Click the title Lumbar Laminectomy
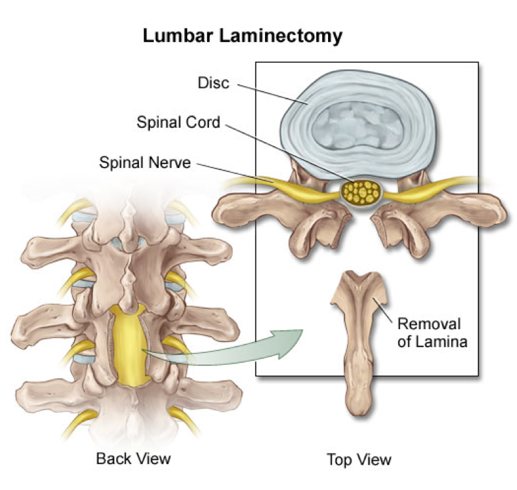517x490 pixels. pos(242,36)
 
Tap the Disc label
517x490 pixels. pos(214,83)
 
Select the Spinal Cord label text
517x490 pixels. pos(177,122)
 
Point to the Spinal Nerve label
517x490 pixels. pos(145,162)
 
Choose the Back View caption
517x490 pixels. pos(133,458)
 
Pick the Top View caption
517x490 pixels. pos(359,459)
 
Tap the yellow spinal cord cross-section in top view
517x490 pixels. pos(360,192)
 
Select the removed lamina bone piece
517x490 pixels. pos(359,337)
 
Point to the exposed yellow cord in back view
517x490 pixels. pos(129,344)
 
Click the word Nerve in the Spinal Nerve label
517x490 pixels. pos(170,162)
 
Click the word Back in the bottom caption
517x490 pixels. pos(113,458)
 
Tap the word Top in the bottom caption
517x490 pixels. pos(338,459)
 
